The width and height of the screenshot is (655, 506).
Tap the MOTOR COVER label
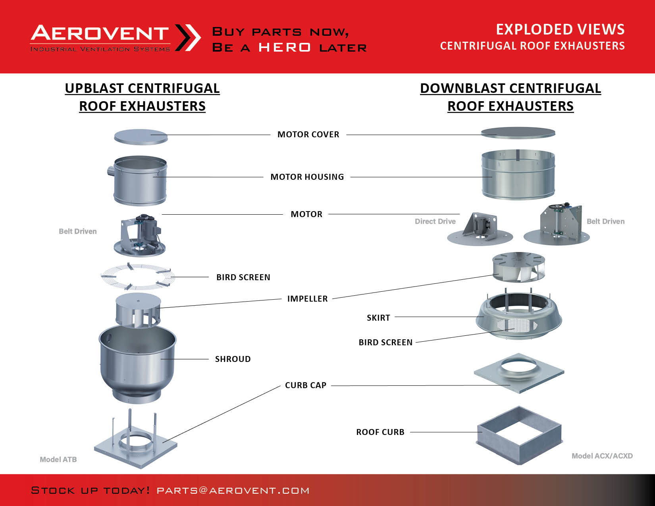(x=308, y=135)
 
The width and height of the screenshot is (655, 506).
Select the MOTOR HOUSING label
(x=307, y=177)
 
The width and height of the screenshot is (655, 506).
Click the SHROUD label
(x=233, y=359)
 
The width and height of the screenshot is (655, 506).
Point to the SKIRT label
(x=378, y=317)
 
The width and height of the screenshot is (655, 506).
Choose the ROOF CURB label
(x=380, y=432)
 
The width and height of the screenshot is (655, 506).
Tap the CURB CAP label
(x=306, y=385)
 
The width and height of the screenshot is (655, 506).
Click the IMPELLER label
(x=307, y=299)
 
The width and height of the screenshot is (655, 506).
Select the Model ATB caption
(x=58, y=459)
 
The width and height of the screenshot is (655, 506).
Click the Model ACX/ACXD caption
(x=602, y=456)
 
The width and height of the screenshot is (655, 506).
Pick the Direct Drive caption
(x=435, y=221)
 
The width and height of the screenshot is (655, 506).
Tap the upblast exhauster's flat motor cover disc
(x=141, y=137)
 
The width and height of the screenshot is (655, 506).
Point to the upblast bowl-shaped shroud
(x=138, y=364)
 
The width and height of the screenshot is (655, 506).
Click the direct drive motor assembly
(x=480, y=229)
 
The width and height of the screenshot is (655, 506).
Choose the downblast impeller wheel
(x=518, y=267)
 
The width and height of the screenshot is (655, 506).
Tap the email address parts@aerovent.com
(x=233, y=491)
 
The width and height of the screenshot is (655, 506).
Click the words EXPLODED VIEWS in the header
(x=561, y=29)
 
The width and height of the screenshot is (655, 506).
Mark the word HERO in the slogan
(x=284, y=47)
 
